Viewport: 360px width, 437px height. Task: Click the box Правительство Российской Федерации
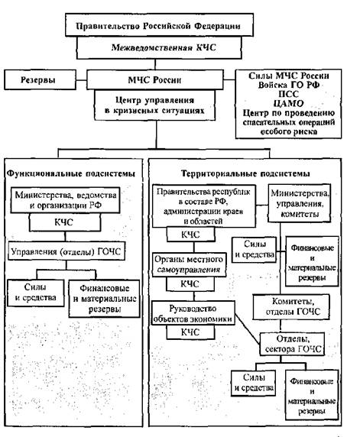point(159,24)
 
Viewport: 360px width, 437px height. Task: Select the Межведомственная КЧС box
point(159,47)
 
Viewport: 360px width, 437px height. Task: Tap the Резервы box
point(40,79)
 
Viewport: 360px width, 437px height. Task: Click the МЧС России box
point(154,79)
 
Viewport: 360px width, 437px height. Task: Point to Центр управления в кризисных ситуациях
point(154,105)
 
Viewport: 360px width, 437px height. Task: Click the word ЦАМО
point(288,103)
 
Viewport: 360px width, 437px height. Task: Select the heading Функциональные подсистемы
point(71,173)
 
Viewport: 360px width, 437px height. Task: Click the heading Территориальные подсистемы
point(245,173)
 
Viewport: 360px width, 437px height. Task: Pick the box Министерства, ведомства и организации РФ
point(65,200)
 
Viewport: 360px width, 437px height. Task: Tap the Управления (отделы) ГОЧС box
point(66,251)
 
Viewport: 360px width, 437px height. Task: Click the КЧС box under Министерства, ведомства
point(65,222)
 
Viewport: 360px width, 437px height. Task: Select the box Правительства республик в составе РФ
point(204,206)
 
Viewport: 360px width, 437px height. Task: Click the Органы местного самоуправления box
point(189,264)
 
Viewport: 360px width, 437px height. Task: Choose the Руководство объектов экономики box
point(193,312)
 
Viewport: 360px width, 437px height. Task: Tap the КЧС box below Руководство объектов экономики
point(191,332)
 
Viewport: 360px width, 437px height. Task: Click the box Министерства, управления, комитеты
point(299,203)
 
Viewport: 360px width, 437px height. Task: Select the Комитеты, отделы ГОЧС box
point(291,306)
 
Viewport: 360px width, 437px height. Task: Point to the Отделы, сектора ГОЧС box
point(292,344)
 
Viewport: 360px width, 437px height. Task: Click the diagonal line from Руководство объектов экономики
point(248,329)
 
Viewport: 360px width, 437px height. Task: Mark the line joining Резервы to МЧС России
point(81,80)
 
